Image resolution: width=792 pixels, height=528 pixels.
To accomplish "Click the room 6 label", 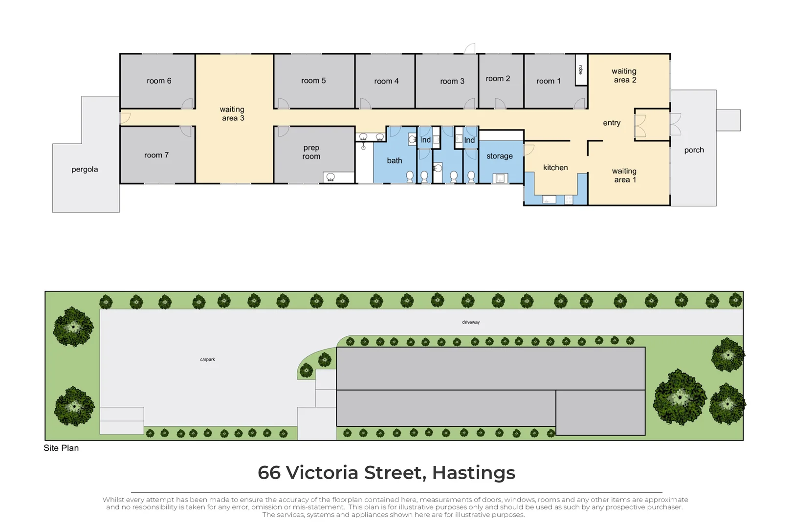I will pyautogui.click(x=159, y=81).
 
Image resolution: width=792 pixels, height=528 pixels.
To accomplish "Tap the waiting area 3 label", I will pyautogui.click(x=232, y=114).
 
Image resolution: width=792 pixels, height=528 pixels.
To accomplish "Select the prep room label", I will pyautogui.click(x=311, y=152).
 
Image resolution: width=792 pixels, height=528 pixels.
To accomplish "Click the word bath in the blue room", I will pyautogui.click(x=395, y=161).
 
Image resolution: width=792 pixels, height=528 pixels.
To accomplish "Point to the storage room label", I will pyautogui.click(x=500, y=156).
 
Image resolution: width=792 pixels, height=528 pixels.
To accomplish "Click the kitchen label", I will pyautogui.click(x=555, y=168).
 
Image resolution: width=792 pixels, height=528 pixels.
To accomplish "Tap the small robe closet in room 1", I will pyautogui.click(x=581, y=70).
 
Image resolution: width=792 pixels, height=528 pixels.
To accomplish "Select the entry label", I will pyautogui.click(x=612, y=123).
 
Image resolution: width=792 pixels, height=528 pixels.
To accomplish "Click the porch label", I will pyautogui.click(x=694, y=150).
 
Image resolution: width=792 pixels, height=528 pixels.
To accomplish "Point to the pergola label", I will pyautogui.click(x=85, y=170).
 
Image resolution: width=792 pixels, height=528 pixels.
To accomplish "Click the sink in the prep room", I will pyautogui.click(x=330, y=177).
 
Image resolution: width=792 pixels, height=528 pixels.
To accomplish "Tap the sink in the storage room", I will pyautogui.click(x=500, y=178).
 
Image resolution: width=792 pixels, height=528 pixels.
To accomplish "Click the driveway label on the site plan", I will pyautogui.click(x=471, y=322).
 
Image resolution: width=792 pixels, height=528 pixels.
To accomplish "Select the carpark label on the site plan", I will pyautogui.click(x=207, y=359).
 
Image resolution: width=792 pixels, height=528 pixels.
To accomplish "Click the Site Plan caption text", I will pyautogui.click(x=61, y=448).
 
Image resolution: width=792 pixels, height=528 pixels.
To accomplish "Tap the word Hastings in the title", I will pyautogui.click(x=473, y=473).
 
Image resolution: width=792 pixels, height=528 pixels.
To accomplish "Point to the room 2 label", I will pyautogui.click(x=498, y=79).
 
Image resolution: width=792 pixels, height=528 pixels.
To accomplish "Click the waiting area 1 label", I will pyautogui.click(x=624, y=176).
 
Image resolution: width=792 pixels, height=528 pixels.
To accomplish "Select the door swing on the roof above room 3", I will pyautogui.click(x=470, y=48).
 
